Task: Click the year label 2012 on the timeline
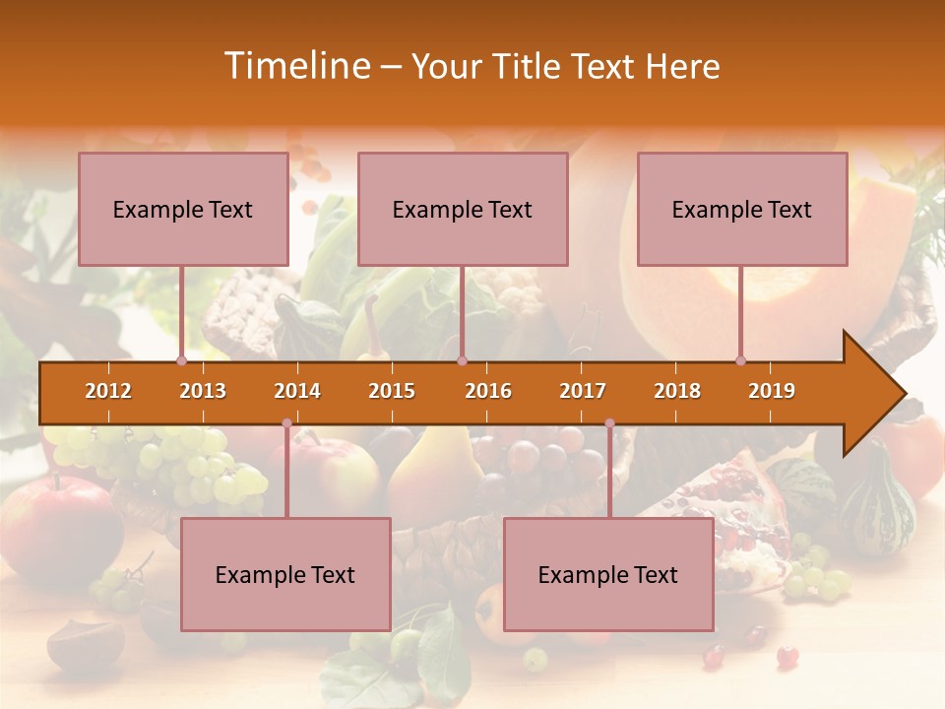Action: [x=108, y=391]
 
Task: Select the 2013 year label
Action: [x=203, y=391]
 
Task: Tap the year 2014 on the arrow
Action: [x=297, y=391]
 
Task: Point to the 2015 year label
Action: [x=392, y=391]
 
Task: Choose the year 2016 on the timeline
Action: [x=488, y=391]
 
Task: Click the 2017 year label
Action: [x=583, y=391]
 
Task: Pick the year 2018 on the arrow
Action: [x=677, y=391]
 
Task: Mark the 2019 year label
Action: [x=772, y=391]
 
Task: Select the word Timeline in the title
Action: [x=295, y=66]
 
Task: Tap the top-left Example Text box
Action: [x=183, y=209]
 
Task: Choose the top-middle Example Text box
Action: [x=463, y=209]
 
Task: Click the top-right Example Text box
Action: [x=742, y=209]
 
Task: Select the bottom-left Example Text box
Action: [x=285, y=574]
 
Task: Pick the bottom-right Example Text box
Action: [x=608, y=574]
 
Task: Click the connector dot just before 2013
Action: [x=181, y=360]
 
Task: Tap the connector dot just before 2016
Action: [x=462, y=360]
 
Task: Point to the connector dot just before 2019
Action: [x=740, y=360]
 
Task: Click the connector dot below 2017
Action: [x=609, y=423]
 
